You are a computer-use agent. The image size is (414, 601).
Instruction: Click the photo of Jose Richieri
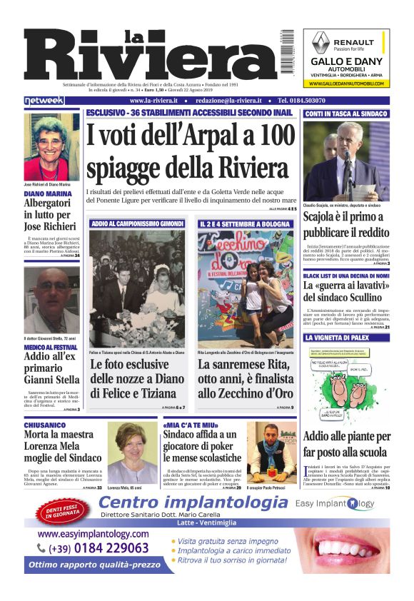click(x=51, y=146)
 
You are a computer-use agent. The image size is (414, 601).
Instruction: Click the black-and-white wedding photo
click(x=137, y=288)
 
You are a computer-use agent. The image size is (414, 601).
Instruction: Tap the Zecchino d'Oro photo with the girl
click(x=245, y=288)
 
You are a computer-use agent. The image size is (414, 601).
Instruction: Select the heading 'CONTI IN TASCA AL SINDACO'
click(x=345, y=113)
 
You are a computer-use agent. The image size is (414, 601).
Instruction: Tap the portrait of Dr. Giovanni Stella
click(x=51, y=300)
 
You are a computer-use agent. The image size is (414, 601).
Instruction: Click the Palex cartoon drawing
click(x=345, y=385)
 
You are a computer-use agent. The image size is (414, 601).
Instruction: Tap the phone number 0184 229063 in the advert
click(x=99, y=548)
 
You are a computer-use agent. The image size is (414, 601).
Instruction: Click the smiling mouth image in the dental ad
click(x=350, y=548)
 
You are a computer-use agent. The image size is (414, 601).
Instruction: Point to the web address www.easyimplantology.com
click(x=93, y=533)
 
